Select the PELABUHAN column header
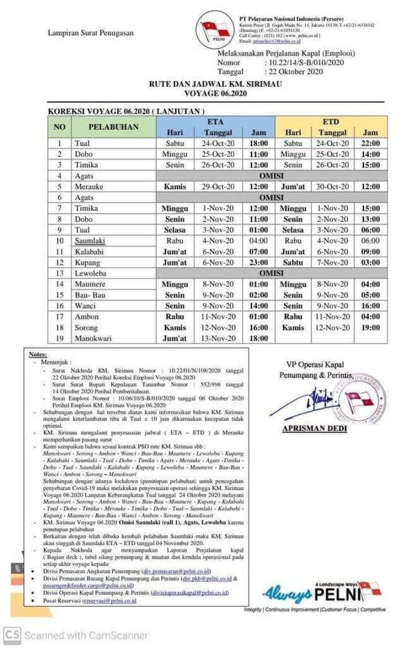[x=113, y=127]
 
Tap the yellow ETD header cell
[x=331, y=120]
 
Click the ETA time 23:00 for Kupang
[x=258, y=263]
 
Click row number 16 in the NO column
[x=60, y=306]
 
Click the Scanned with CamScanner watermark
[x=76, y=635]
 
